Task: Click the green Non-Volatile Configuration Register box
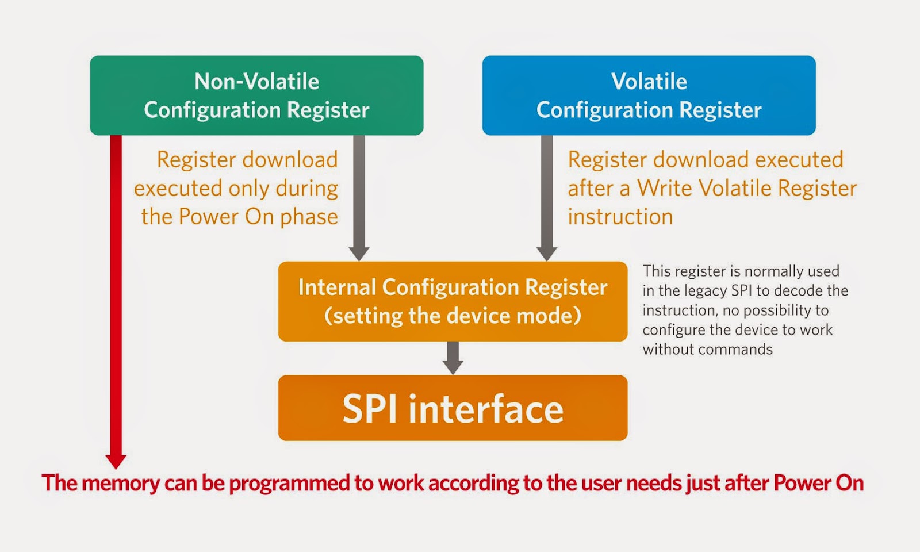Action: pyautogui.click(x=256, y=95)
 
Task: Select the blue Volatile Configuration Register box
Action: pyautogui.click(x=649, y=95)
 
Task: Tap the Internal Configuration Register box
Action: pyautogui.click(x=453, y=301)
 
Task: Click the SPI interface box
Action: pyautogui.click(x=453, y=408)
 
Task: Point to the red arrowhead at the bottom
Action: pyautogui.click(x=116, y=461)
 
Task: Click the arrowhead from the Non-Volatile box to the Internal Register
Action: pyautogui.click(x=359, y=254)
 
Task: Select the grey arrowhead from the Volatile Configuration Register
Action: pyautogui.click(x=547, y=254)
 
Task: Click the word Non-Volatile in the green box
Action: pyautogui.click(x=256, y=81)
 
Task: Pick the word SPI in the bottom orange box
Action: pyautogui.click(x=370, y=409)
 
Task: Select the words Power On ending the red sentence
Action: pyautogui.click(x=819, y=482)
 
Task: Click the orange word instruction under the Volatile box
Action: pyautogui.click(x=620, y=216)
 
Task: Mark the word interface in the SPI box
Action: pyautogui.click(x=486, y=409)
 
